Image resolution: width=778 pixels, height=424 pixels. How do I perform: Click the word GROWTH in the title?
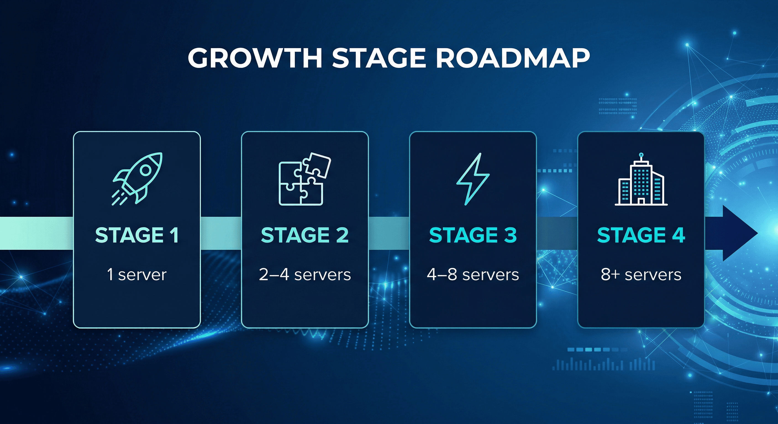(255, 58)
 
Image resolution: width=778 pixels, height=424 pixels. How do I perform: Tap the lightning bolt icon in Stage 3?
(473, 179)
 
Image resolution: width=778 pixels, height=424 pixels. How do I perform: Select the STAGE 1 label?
(137, 235)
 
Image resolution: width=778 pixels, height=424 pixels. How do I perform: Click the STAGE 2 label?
(305, 235)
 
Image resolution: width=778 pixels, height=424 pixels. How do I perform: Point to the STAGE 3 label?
(473, 235)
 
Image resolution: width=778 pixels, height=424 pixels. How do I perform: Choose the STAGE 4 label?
(641, 235)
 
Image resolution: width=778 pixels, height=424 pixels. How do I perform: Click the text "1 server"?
(137, 275)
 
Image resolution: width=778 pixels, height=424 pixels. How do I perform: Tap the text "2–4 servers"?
(305, 275)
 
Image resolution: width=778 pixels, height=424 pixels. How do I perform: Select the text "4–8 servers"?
(473, 275)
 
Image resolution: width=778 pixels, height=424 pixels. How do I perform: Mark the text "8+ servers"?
(641, 275)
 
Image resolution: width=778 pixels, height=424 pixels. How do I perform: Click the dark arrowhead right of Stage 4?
(737, 233)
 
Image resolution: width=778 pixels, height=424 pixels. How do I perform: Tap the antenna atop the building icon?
(641, 157)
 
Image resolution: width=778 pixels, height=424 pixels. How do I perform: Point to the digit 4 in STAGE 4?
(678, 235)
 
